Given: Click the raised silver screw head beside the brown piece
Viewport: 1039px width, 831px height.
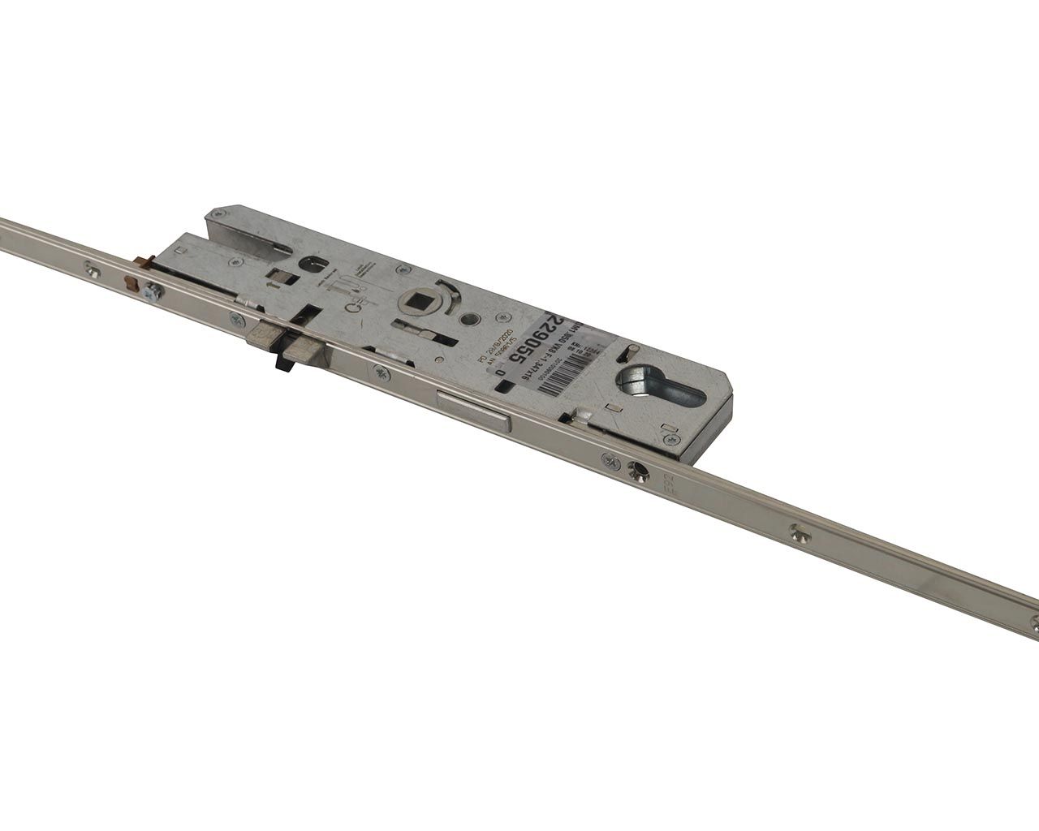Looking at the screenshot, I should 150,292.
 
